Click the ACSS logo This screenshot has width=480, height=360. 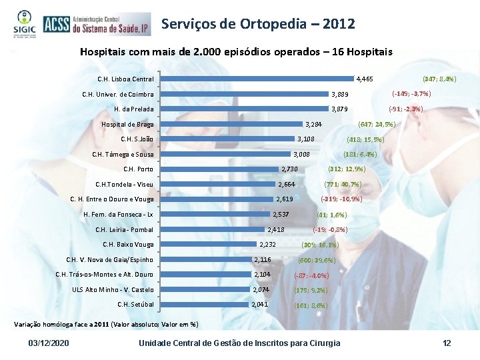95,25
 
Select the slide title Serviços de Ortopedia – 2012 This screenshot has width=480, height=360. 257,24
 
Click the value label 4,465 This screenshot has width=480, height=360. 365,79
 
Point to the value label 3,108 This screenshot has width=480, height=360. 305,139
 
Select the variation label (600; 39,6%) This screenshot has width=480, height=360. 317,260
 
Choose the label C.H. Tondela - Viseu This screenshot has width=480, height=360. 124,184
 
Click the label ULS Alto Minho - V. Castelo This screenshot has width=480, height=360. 113,289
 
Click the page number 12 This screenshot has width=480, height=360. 447,343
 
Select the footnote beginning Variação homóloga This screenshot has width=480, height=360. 106,325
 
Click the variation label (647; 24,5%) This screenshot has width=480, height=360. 377,124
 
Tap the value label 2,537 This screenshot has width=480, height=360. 281,214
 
